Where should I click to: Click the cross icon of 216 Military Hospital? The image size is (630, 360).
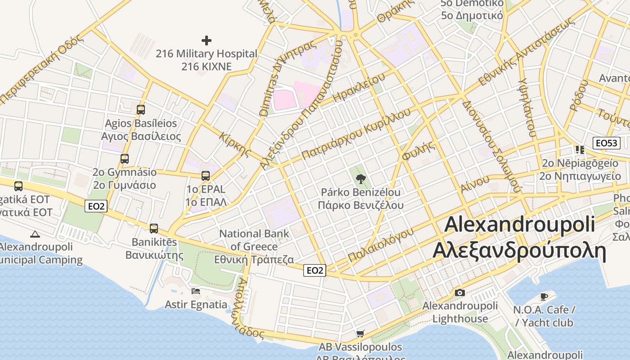[x=207, y=40]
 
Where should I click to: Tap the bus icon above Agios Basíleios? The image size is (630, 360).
[x=141, y=109]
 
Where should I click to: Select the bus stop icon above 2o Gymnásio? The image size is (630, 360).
[x=125, y=158]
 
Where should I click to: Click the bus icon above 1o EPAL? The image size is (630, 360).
[x=206, y=175]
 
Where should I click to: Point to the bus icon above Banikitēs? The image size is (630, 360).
[x=154, y=228]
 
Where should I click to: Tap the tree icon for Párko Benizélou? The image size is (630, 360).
[x=360, y=179]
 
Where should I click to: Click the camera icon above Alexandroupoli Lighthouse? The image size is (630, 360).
[x=459, y=293]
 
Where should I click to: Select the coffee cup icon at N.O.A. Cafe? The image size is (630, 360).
[x=544, y=297]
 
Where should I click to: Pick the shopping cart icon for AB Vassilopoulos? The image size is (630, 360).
[x=360, y=334]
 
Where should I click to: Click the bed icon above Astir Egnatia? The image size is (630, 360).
[x=196, y=291]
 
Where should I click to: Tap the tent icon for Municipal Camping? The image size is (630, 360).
[x=35, y=234]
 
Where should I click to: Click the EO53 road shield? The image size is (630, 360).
[x=607, y=143]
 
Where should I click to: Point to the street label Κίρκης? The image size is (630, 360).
[x=235, y=144]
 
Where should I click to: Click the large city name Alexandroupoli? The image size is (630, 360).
[x=520, y=224]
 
